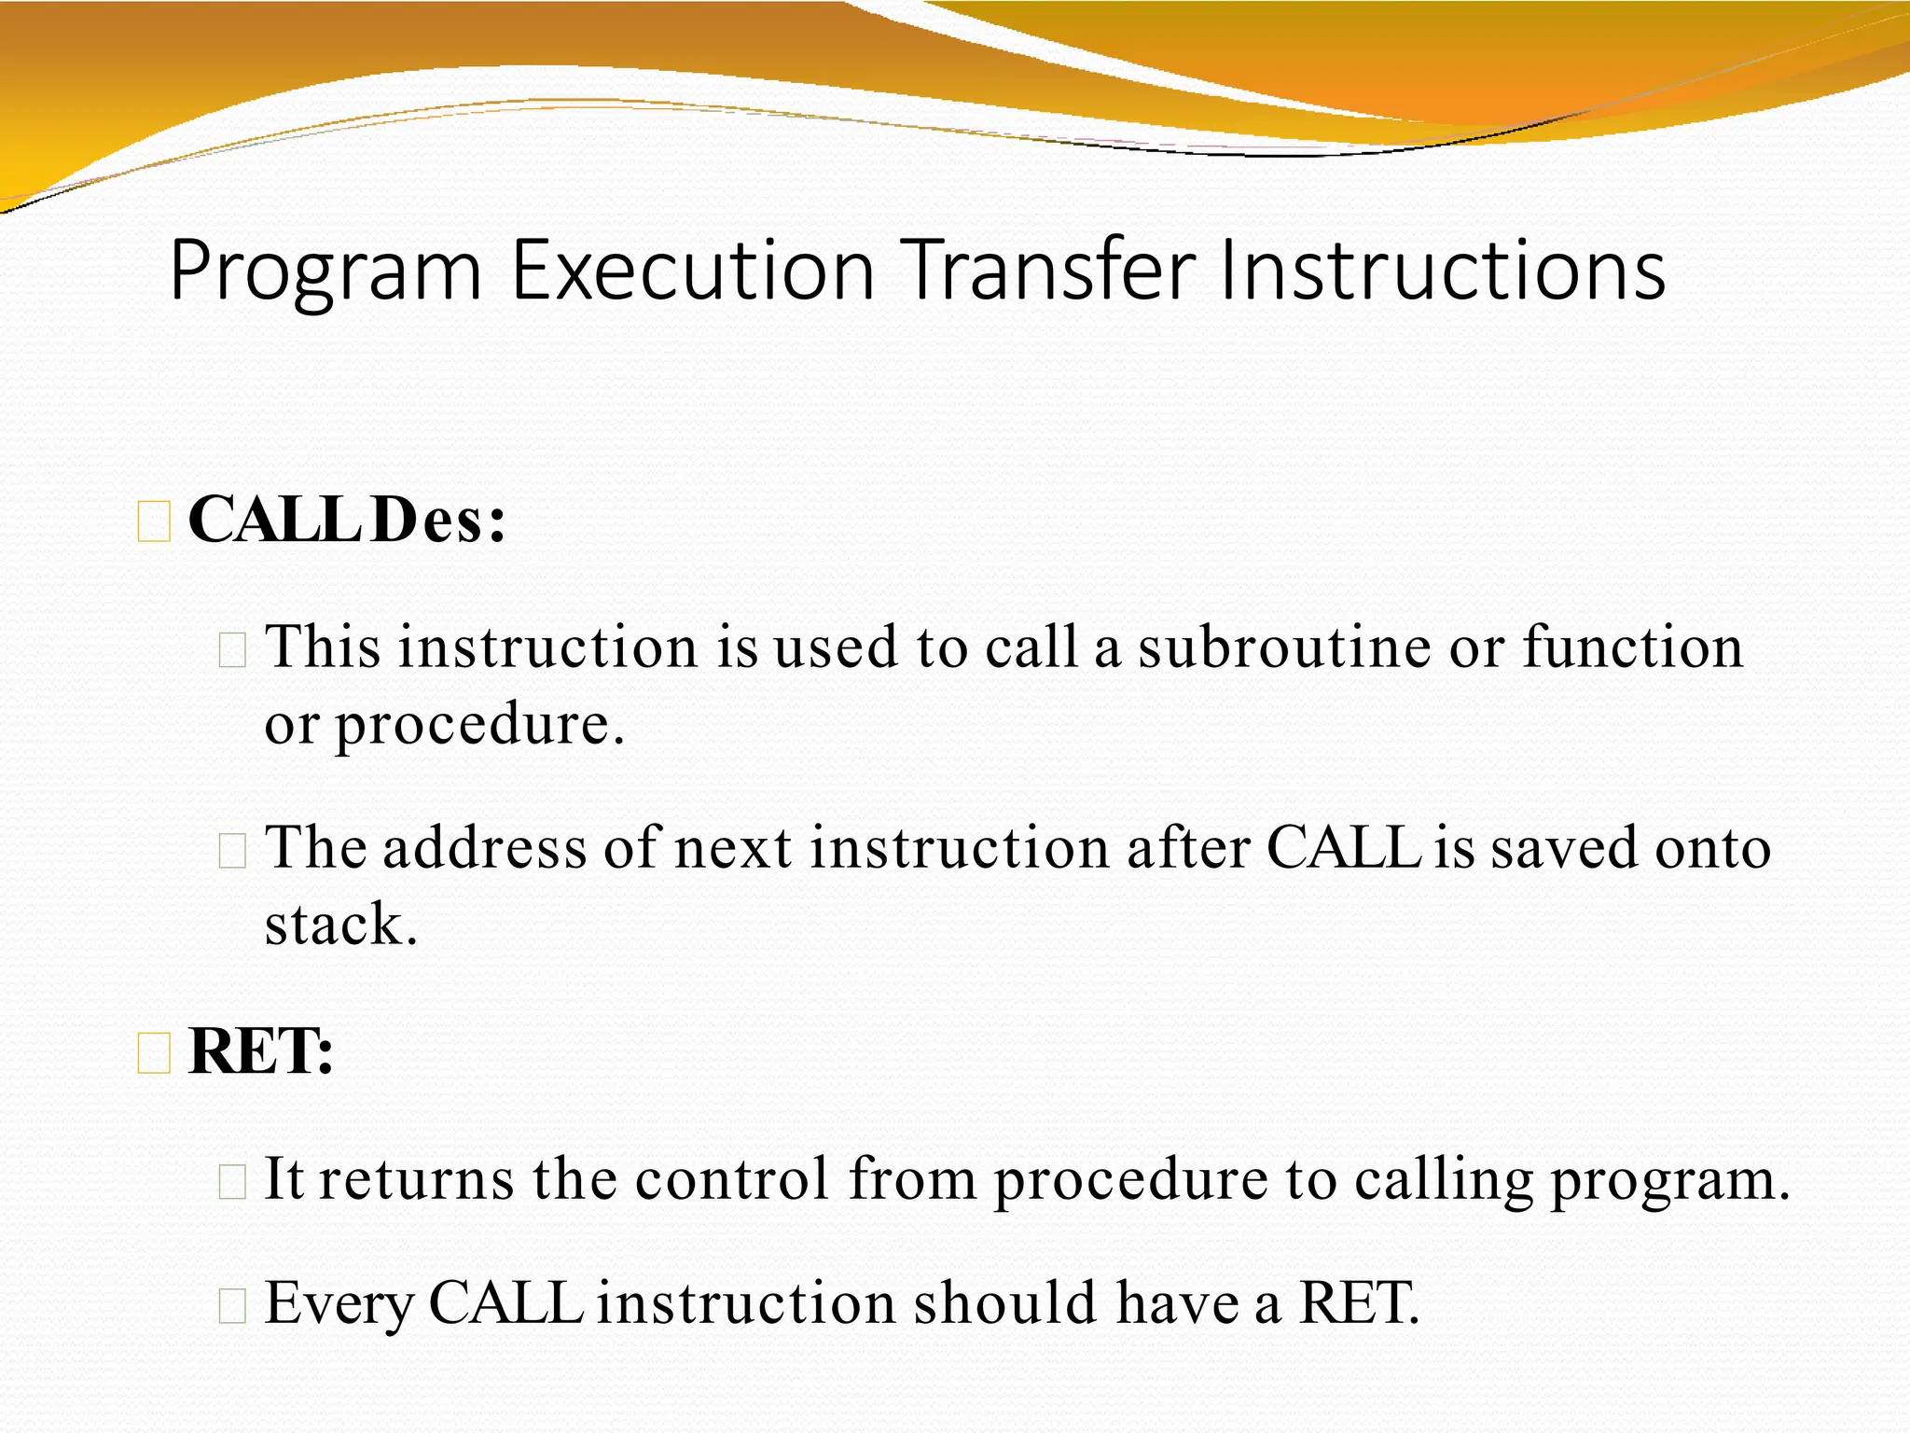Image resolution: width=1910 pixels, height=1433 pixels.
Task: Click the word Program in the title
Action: (325, 271)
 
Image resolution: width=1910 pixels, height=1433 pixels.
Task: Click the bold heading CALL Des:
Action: (346, 520)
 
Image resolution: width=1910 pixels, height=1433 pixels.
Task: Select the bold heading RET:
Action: (260, 1051)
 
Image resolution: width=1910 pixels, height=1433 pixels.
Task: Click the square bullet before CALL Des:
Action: (154, 522)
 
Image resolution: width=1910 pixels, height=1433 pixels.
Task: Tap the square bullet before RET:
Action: (154, 1053)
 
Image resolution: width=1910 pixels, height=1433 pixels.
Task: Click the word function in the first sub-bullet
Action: (1633, 647)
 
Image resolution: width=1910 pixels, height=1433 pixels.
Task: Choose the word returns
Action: (416, 1178)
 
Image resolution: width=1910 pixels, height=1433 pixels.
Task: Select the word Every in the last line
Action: (339, 1303)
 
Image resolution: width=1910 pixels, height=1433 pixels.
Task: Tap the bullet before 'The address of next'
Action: (231, 850)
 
